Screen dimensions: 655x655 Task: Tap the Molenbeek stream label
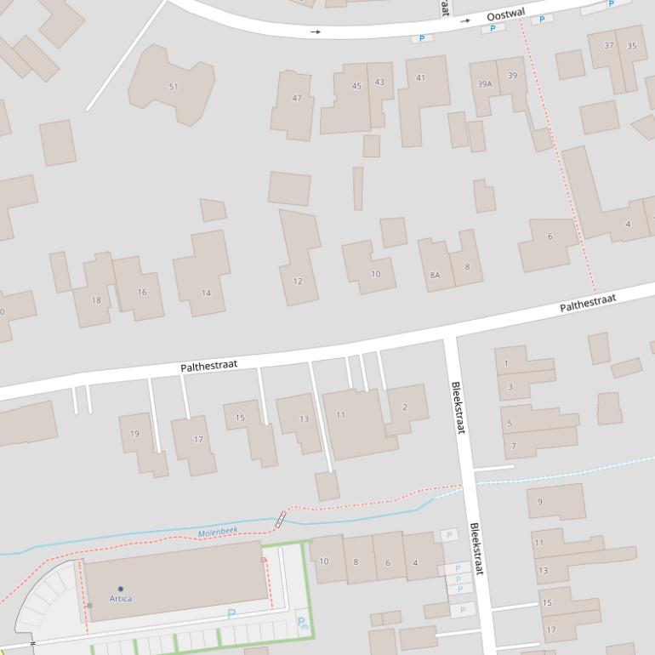click(x=218, y=533)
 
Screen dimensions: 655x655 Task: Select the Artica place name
click(x=121, y=599)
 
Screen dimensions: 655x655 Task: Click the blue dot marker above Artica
click(x=121, y=589)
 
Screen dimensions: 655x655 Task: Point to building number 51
click(x=174, y=87)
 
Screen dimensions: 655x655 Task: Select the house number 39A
click(x=485, y=84)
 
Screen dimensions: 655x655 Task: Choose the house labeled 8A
click(x=435, y=275)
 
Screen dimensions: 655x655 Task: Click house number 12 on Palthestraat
click(x=298, y=281)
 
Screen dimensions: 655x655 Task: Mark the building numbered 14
click(x=206, y=293)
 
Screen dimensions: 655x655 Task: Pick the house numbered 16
click(x=142, y=292)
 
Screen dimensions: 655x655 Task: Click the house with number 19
click(x=134, y=434)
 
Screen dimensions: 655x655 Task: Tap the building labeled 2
click(x=404, y=407)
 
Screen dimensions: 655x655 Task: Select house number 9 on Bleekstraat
click(x=539, y=502)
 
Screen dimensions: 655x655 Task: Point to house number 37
click(x=609, y=46)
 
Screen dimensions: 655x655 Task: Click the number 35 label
click(x=631, y=46)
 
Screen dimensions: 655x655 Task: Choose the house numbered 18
click(x=96, y=300)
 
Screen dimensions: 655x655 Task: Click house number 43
click(x=379, y=83)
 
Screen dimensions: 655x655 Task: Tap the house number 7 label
click(x=514, y=446)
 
